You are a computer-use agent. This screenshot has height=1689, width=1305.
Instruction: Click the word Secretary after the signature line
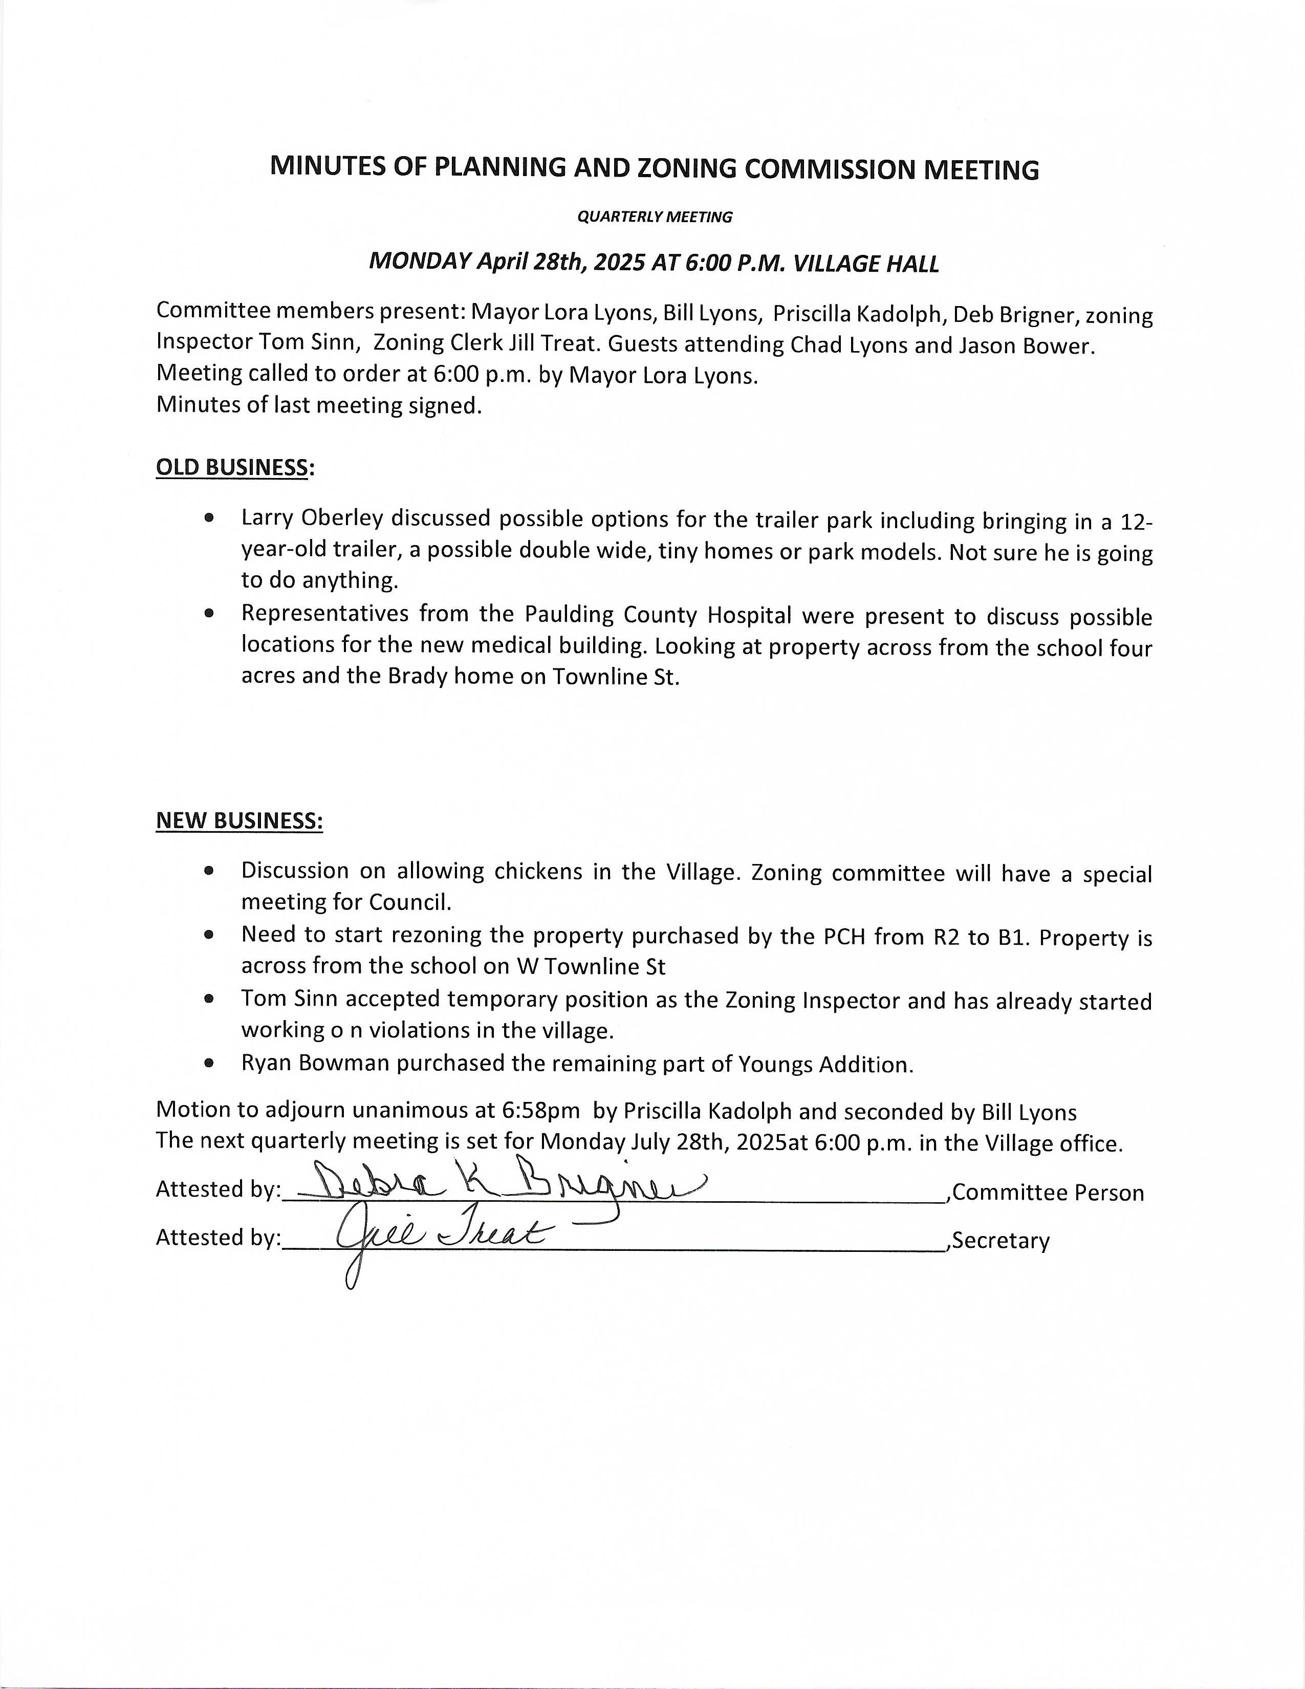point(1001,1241)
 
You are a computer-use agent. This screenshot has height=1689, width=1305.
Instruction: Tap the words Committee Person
point(1048,1193)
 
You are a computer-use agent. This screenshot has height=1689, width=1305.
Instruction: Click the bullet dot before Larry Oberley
point(209,518)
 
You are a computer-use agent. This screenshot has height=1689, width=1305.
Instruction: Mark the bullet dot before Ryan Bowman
point(209,1064)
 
